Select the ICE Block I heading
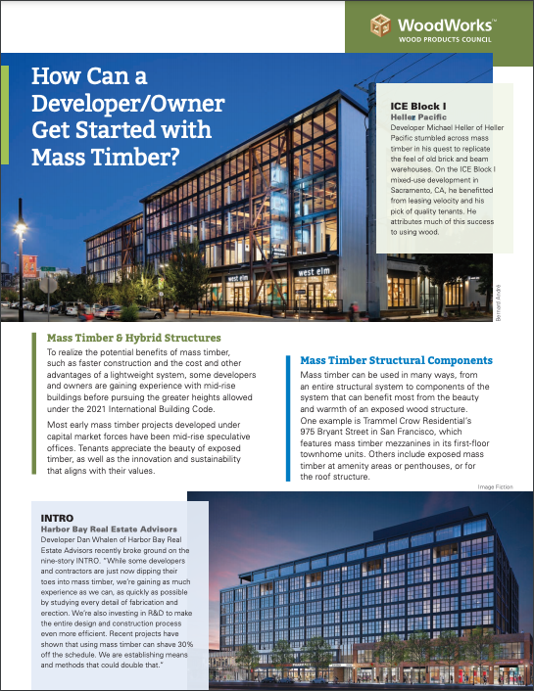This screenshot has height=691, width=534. click(418, 104)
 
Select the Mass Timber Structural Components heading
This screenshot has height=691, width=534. click(396, 361)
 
